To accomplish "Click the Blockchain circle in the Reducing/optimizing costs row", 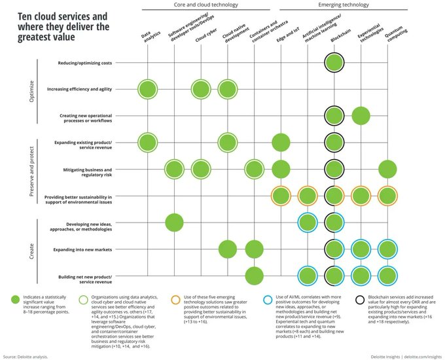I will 334,63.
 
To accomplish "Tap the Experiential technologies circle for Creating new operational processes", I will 361,116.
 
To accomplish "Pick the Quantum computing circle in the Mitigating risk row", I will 387,170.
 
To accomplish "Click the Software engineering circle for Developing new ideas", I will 173,223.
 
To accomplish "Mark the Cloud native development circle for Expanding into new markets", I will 227,249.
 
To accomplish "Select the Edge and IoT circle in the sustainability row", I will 281,196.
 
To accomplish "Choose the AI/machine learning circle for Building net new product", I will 308,276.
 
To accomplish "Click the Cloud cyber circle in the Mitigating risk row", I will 200,170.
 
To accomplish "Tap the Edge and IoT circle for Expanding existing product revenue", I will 281,142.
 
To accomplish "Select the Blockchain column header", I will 338,41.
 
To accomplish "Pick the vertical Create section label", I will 33,249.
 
